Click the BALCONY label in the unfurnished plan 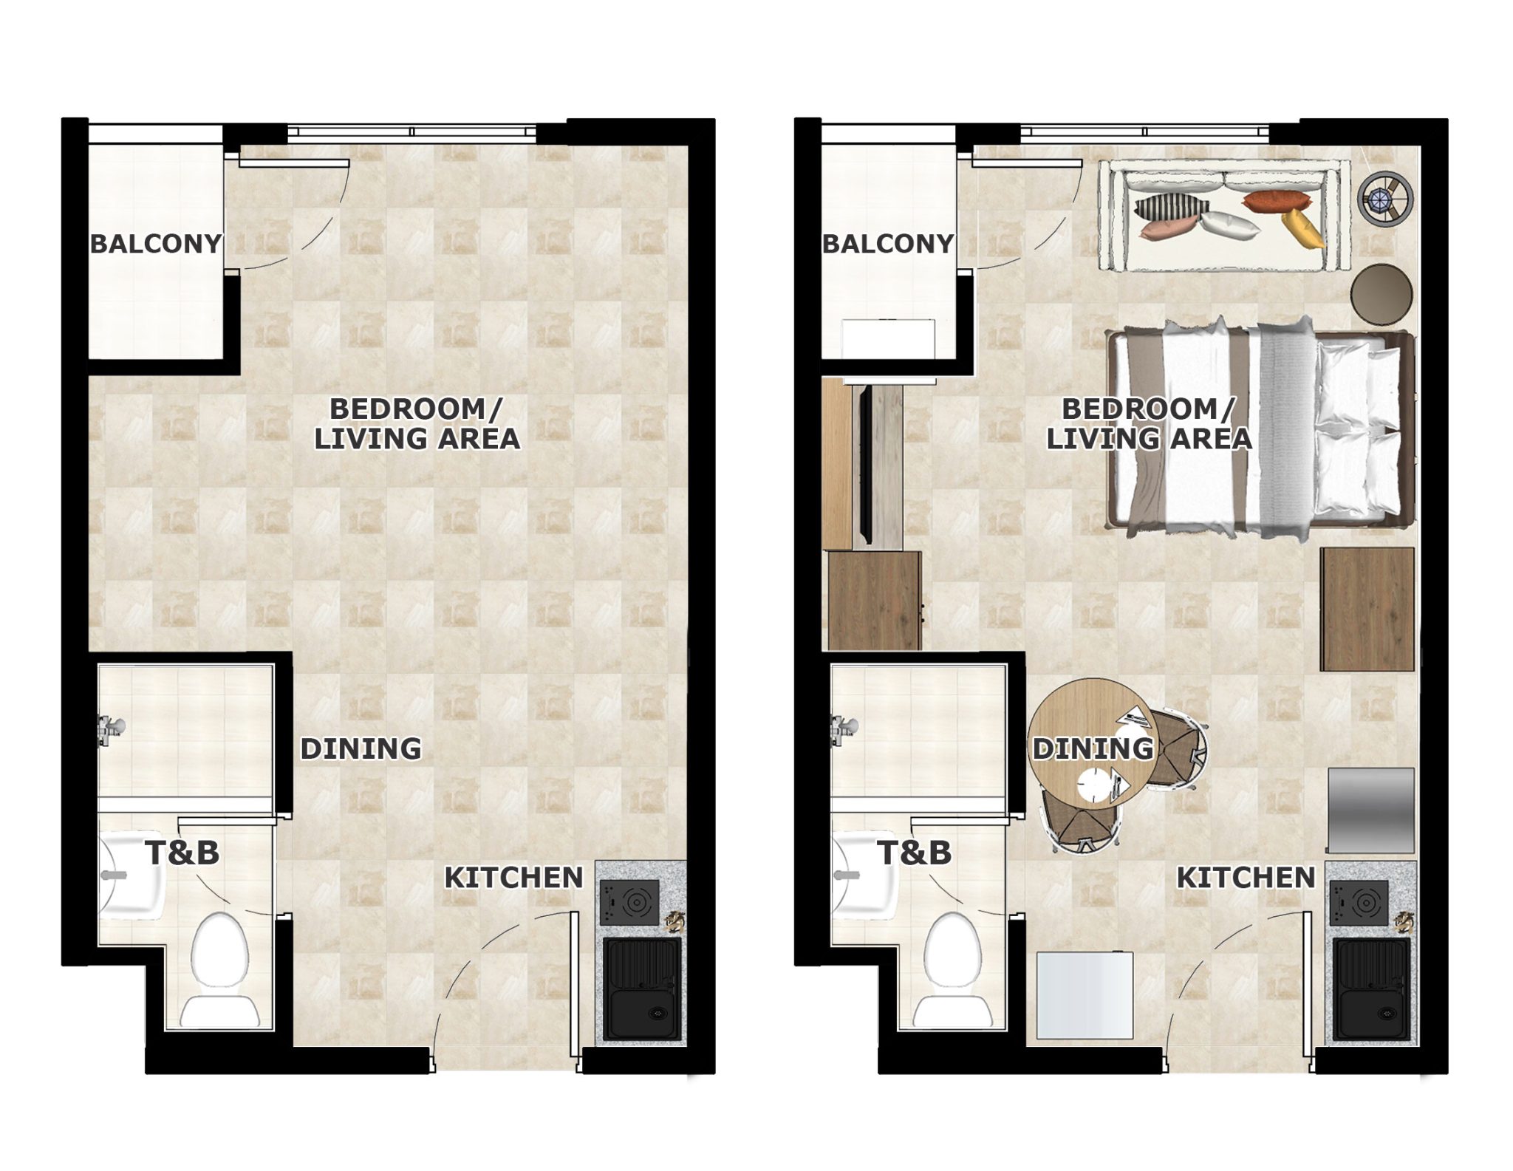156,244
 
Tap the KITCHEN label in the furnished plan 1246,878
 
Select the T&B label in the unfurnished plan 182,853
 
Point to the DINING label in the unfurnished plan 361,748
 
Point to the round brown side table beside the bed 1381,293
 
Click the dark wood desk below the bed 1367,609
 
